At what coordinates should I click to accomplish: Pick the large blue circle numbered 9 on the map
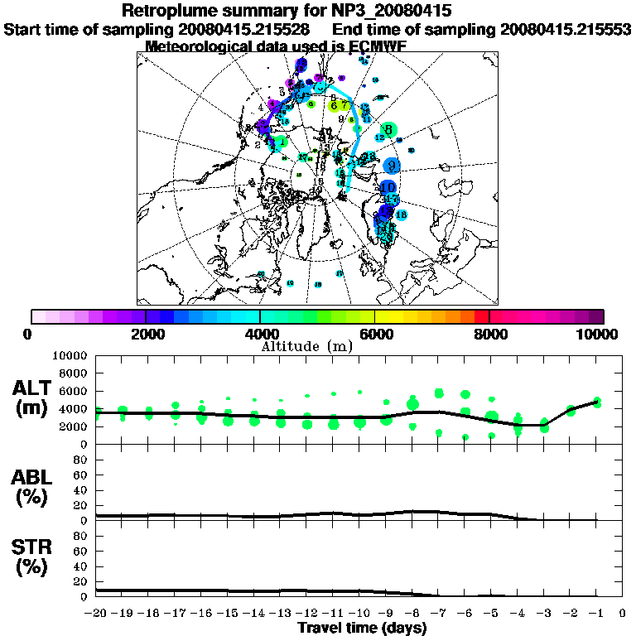pos(391,166)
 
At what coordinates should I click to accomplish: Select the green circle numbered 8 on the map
pos(388,129)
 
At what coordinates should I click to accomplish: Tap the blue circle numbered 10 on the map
pos(388,188)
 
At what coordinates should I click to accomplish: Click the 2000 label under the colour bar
pos(146,334)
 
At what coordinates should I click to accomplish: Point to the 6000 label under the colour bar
pos(375,334)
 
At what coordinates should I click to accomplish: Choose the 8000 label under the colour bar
pos(490,334)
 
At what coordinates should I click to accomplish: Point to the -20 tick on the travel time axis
pos(96,614)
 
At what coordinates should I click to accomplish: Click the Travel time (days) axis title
pos(362,629)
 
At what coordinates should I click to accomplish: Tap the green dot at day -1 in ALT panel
pos(596,403)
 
